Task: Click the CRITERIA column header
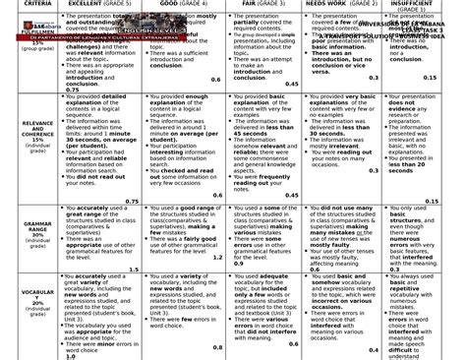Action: click(35, 4)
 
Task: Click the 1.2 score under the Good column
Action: click(216, 255)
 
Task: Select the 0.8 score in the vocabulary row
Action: click(216, 346)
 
